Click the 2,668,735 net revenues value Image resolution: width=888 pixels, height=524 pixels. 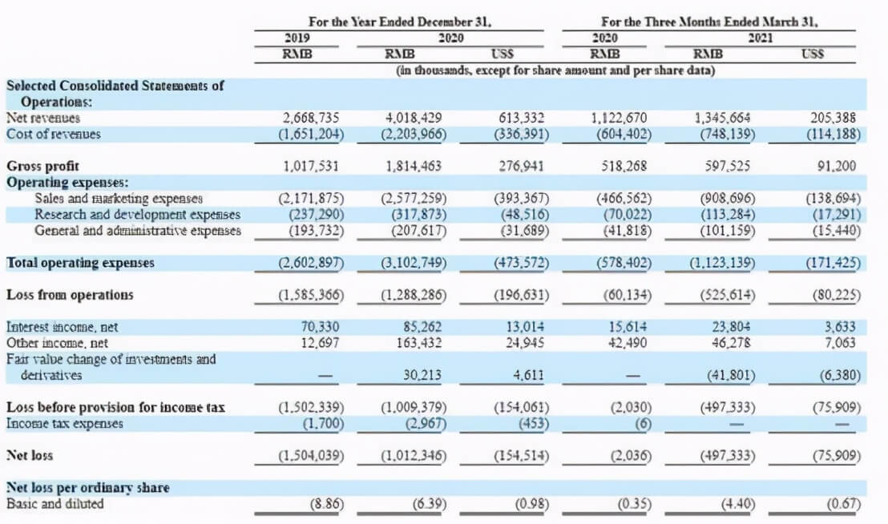point(311,118)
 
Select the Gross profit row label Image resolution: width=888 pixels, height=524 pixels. point(42,166)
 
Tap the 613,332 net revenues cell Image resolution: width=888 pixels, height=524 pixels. point(521,118)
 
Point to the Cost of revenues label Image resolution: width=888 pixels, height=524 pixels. point(53,134)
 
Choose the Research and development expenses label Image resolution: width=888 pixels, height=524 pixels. point(138,215)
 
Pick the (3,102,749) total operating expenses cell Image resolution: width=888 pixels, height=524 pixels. point(414,263)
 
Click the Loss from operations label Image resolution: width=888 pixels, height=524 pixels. point(70,295)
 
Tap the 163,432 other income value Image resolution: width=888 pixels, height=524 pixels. point(419,343)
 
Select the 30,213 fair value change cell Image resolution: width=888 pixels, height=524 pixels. point(422,375)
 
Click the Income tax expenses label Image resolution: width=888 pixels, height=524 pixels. point(65,423)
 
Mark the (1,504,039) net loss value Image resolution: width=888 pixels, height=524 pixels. point(311,456)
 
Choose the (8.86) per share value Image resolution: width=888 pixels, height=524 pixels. point(327,504)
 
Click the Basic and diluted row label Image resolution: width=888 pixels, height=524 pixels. point(55,504)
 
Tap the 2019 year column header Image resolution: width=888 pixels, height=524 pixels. point(297,38)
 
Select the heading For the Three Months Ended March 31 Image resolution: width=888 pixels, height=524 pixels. point(709,22)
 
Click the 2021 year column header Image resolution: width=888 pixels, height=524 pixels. point(760,38)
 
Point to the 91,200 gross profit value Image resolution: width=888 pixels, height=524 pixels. point(837,166)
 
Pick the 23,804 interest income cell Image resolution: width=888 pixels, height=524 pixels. point(731,327)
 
